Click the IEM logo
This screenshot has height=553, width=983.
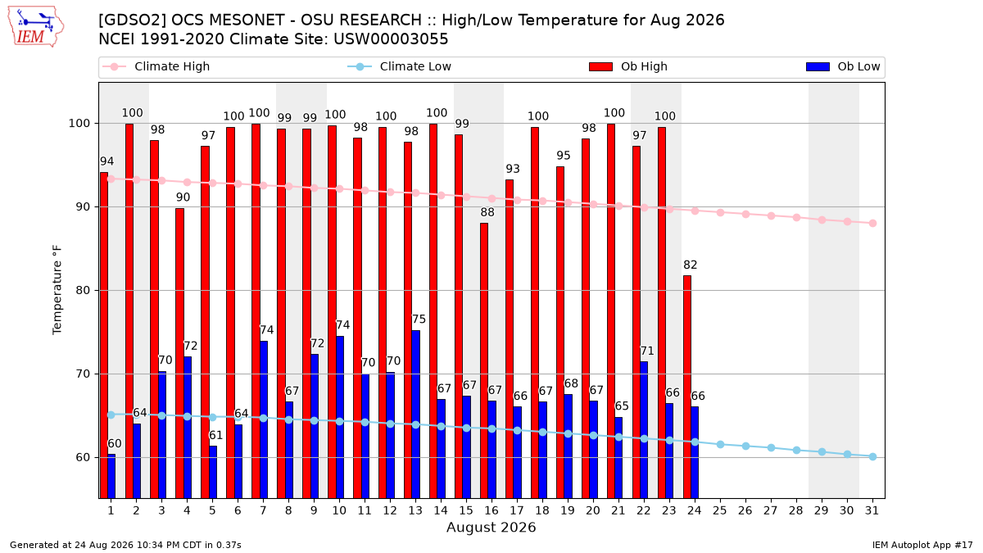tap(36, 26)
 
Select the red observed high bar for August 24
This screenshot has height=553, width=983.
tap(687, 387)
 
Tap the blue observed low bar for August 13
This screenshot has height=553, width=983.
tap(415, 415)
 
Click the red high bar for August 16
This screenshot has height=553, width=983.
tap(484, 360)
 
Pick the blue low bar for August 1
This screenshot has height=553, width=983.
tap(111, 476)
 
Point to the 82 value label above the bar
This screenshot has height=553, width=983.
tap(691, 265)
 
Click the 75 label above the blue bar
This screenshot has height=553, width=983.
tap(419, 319)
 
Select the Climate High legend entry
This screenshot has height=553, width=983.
tap(156, 66)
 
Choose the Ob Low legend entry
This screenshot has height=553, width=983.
tap(843, 66)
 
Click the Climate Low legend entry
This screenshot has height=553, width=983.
tap(400, 66)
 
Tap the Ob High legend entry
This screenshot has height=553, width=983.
tap(628, 66)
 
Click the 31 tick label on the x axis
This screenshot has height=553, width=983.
tap(872, 510)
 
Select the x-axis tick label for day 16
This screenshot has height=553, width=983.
tap(491, 510)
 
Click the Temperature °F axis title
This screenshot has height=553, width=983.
tap(57, 290)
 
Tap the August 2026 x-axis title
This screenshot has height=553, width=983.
tap(491, 527)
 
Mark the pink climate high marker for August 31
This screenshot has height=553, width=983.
tap(873, 224)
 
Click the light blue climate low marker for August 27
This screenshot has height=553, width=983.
tap(771, 447)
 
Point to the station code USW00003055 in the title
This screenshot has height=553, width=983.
tap(391, 39)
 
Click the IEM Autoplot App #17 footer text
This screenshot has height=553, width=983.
tap(922, 545)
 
